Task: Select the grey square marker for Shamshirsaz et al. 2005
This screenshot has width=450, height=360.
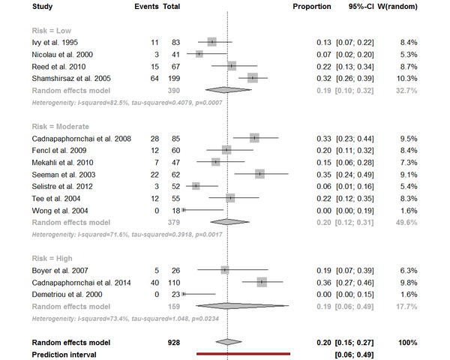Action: pos(253,77)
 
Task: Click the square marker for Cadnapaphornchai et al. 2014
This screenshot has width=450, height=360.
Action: pos(262,282)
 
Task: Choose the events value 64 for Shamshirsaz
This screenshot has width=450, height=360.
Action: pos(153,77)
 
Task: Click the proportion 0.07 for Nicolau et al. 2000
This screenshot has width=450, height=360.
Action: pos(322,54)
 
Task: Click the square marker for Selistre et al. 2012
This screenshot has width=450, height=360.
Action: pos(196,186)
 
